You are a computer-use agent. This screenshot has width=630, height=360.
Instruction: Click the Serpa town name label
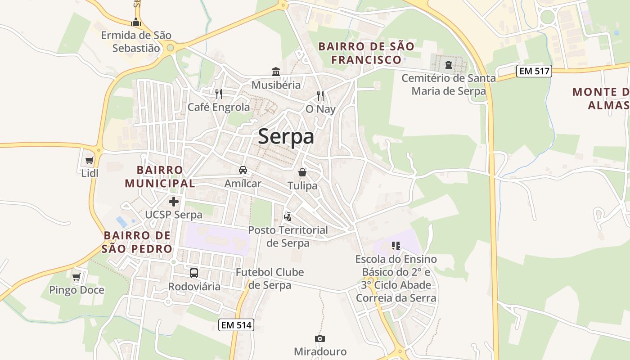pyautogui.click(x=286, y=137)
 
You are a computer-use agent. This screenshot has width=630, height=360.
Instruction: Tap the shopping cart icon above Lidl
pyautogui.click(x=89, y=161)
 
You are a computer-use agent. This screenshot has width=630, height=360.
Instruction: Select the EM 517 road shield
pyautogui.click(x=534, y=71)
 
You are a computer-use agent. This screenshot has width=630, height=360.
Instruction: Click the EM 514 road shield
pyautogui.click(x=236, y=325)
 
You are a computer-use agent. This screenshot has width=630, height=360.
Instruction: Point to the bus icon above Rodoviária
pyautogui.click(x=194, y=273)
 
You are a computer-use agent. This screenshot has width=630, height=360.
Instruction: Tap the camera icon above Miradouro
pyautogui.click(x=320, y=338)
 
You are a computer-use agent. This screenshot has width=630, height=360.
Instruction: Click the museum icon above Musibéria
pyautogui.click(x=276, y=72)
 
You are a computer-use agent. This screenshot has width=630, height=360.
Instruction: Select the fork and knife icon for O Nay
pyautogui.click(x=320, y=95)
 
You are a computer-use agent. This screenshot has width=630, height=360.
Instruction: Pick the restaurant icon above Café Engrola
pyautogui.click(x=219, y=94)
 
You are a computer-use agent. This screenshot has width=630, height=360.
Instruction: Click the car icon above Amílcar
pyautogui.click(x=243, y=170)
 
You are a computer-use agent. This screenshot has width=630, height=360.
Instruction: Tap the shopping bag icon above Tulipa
pyautogui.click(x=302, y=172)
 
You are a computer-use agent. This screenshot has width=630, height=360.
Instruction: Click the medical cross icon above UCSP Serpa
pyautogui.click(x=174, y=202)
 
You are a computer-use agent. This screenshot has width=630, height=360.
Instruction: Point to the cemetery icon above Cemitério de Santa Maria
pyautogui.click(x=448, y=65)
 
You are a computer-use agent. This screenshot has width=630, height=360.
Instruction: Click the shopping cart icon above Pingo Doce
pyautogui.click(x=76, y=276)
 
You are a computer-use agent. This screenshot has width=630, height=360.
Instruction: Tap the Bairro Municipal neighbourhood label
pyautogui.click(x=160, y=176)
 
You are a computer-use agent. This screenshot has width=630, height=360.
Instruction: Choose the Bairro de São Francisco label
pyautogui.click(x=366, y=53)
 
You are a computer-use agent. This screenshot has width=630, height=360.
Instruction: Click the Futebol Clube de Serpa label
pyautogui.click(x=270, y=279)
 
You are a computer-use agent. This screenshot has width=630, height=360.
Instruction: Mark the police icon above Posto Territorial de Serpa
pyautogui.click(x=288, y=217)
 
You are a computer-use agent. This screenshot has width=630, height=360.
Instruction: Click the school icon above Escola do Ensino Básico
pyautogui.click(x=396, y=246)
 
